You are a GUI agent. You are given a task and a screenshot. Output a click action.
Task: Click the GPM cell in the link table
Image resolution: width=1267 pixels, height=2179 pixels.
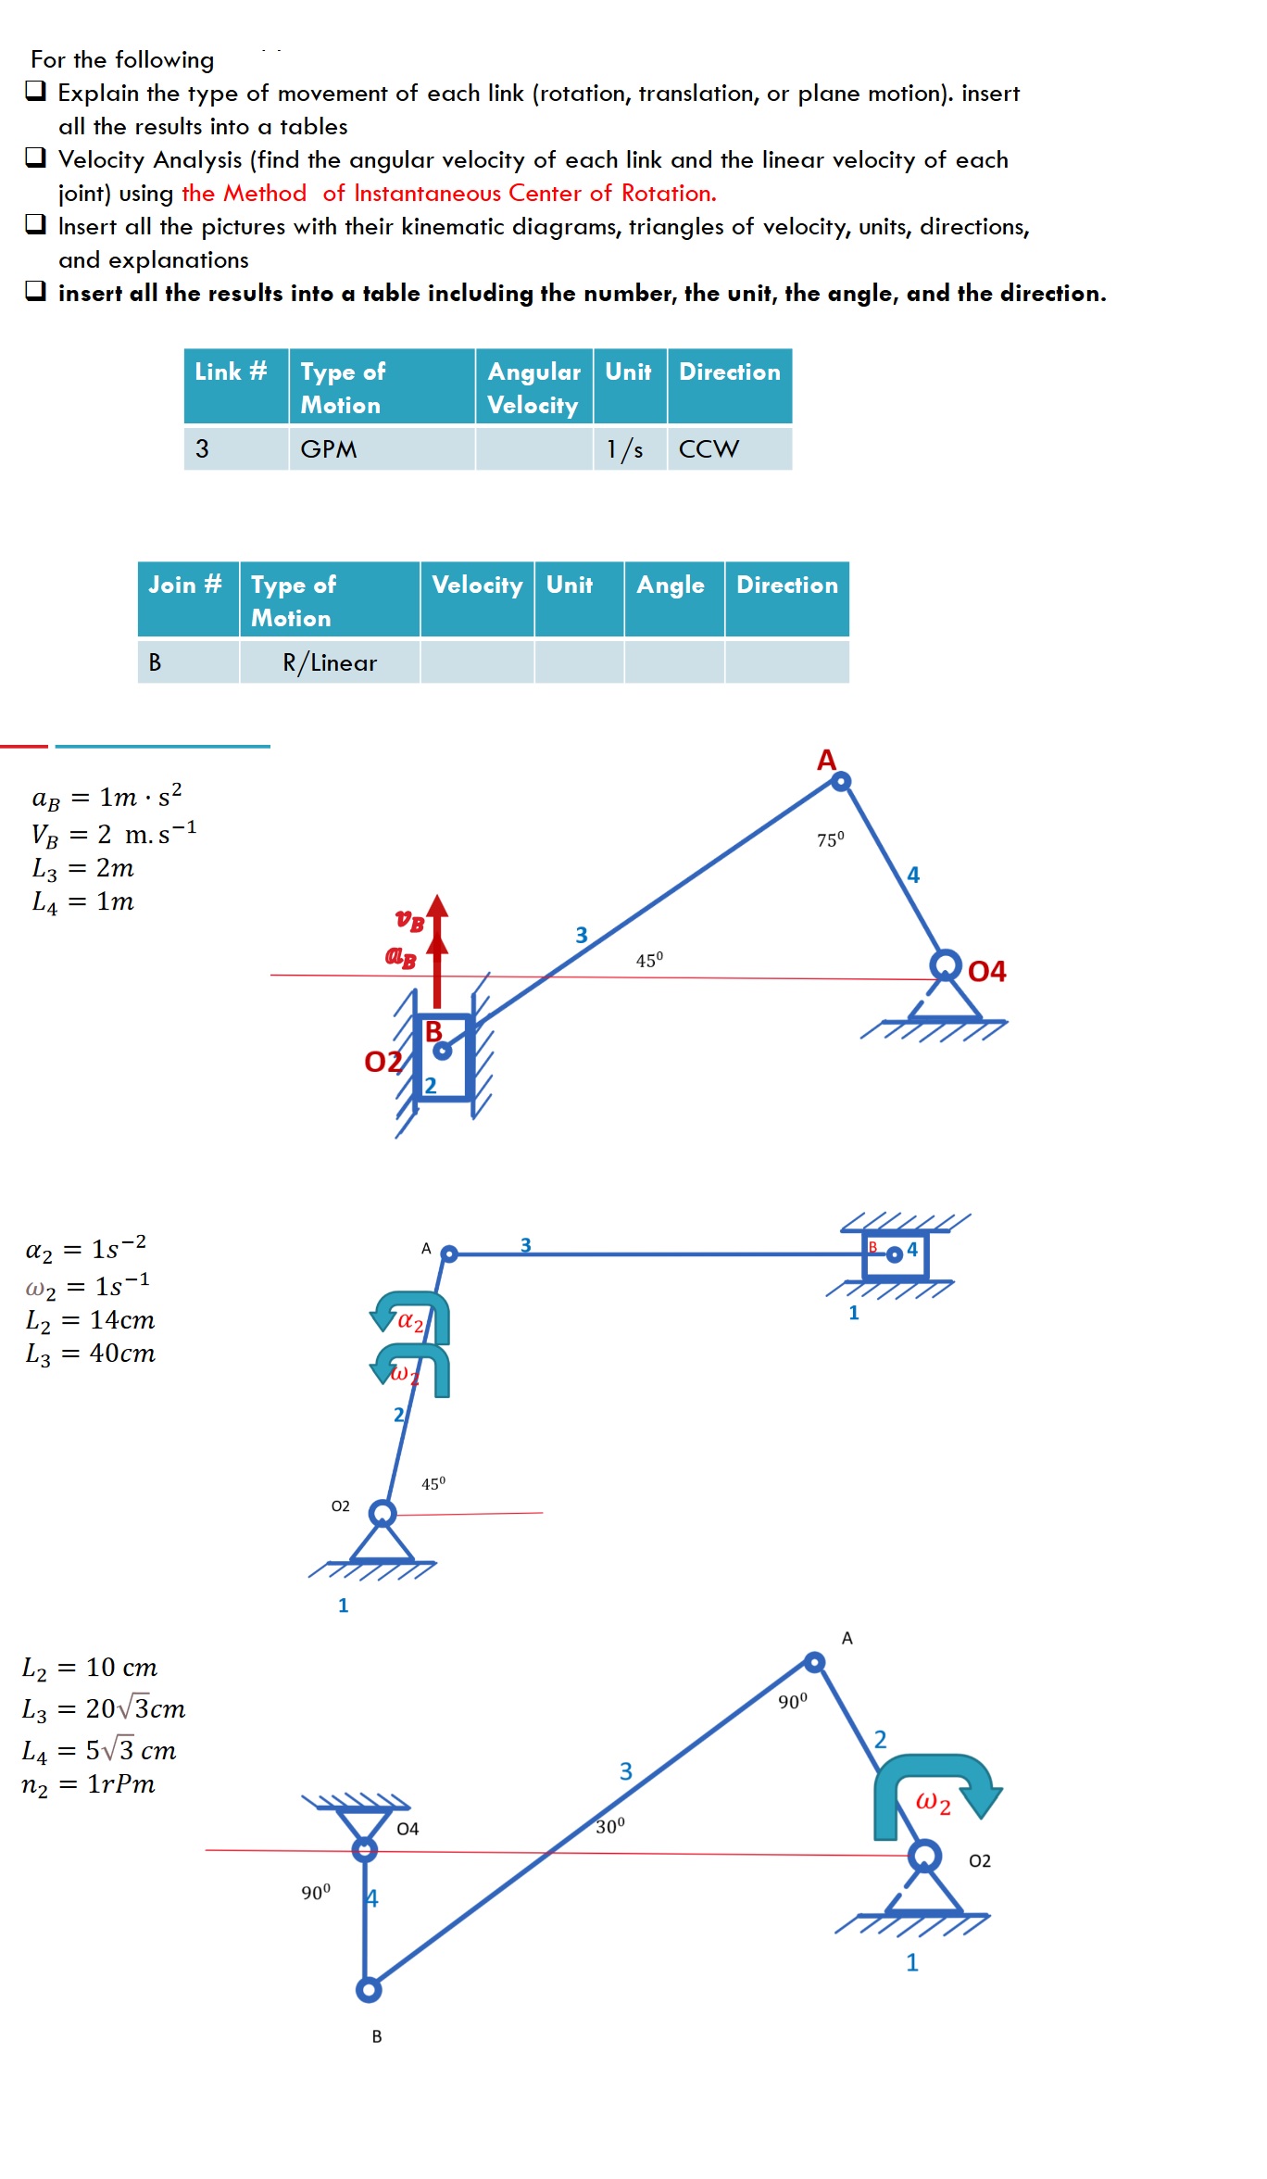(329, 449)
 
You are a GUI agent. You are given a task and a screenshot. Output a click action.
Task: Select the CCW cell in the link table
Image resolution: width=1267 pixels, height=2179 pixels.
(709, 449)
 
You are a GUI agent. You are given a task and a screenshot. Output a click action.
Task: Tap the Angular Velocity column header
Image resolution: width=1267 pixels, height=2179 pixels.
(533, 387)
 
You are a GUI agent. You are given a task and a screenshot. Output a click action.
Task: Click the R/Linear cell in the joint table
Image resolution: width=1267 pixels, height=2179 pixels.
(330, 662)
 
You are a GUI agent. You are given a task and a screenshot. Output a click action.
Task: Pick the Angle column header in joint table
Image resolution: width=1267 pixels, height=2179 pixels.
(671, 586)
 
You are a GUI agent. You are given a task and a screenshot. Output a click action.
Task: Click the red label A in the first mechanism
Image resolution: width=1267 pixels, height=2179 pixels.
(826, 761)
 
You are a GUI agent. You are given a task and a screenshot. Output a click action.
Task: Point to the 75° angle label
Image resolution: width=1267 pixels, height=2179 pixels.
(830, 839)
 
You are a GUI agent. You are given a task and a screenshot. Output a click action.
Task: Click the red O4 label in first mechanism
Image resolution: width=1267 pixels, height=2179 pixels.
(986, 971)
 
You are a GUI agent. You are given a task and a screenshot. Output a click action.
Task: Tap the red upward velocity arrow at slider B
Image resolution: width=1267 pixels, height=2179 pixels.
(437, 945)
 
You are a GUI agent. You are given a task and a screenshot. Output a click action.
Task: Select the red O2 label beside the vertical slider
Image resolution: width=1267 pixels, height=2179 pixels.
(383, 1062)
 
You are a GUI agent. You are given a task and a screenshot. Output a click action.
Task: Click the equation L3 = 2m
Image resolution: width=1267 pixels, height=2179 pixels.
(83, 868)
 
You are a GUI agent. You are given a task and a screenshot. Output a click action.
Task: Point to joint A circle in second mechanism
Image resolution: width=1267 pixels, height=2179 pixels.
(449, 1253)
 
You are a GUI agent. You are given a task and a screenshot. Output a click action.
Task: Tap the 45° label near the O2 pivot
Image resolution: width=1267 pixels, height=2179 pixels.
(433, 1484)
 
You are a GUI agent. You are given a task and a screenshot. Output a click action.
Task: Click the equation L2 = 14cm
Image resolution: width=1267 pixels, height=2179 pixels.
(90, 1320)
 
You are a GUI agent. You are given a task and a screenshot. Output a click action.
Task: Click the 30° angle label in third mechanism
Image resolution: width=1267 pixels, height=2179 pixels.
(610, 1826)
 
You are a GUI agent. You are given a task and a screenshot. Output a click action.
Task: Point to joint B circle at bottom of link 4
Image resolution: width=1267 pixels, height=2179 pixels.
(369, 1989)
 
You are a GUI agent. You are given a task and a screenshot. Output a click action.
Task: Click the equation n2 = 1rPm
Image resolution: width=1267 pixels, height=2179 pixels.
(88, 1784)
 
